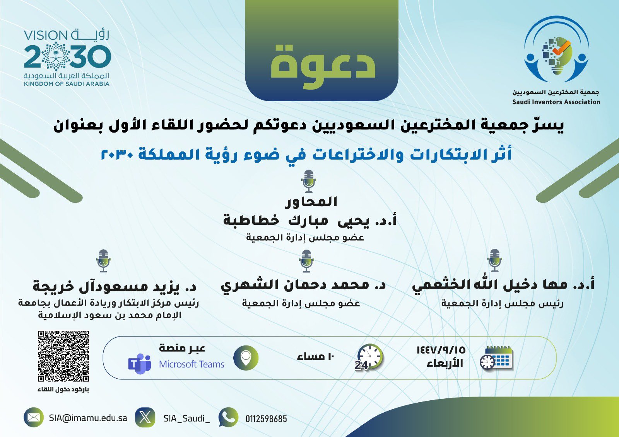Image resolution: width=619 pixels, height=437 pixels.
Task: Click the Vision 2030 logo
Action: point(67,58)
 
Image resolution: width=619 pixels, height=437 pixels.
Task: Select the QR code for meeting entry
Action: point(63,356)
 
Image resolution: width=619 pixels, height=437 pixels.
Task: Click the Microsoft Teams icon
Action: point(140,364)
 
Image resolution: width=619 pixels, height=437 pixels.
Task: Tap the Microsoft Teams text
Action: point(192,364)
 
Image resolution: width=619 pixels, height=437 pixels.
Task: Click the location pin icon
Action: point(246,358)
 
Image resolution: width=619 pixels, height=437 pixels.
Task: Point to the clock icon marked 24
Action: point(369,357)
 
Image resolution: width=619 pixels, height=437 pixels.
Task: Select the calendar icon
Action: point(496,358)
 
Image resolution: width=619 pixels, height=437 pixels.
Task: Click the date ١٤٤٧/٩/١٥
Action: point(441,350)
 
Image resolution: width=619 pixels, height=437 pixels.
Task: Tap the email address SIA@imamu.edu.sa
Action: point(88,418)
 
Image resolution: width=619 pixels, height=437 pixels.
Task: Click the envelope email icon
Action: point(33,417)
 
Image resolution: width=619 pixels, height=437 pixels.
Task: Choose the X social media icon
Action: point(145,417)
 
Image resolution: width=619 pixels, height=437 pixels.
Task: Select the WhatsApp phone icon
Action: point(228,417)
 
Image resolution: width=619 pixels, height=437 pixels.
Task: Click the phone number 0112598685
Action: point(266,419)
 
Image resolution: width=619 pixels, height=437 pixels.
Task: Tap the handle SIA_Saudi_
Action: point(186,418)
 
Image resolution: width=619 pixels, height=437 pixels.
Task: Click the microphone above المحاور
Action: point(309,181)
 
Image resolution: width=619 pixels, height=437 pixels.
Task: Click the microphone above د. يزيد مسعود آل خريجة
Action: point(103,261)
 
